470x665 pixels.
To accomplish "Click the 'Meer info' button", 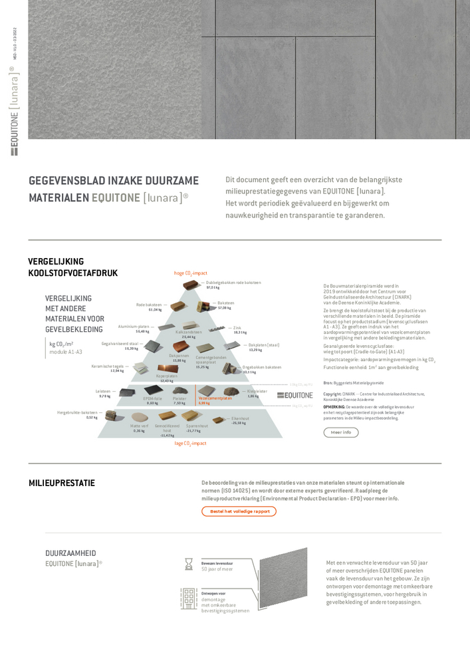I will pos(341,432).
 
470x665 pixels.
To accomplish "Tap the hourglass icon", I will pos(189,565).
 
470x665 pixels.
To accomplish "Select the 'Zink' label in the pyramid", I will pos(237,327).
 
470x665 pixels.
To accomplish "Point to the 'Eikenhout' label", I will pos(240,418).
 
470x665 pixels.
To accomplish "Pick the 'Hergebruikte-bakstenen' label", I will pos(77,412).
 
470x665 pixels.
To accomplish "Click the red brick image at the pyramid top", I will pos(191,286).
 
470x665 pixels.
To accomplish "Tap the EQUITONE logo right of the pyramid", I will pos(294,395).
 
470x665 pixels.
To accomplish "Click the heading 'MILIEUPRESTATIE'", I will pos(62,483).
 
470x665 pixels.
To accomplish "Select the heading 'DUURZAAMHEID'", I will pos(70,553).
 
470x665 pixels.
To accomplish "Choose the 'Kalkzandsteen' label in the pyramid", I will pos(189,332).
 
